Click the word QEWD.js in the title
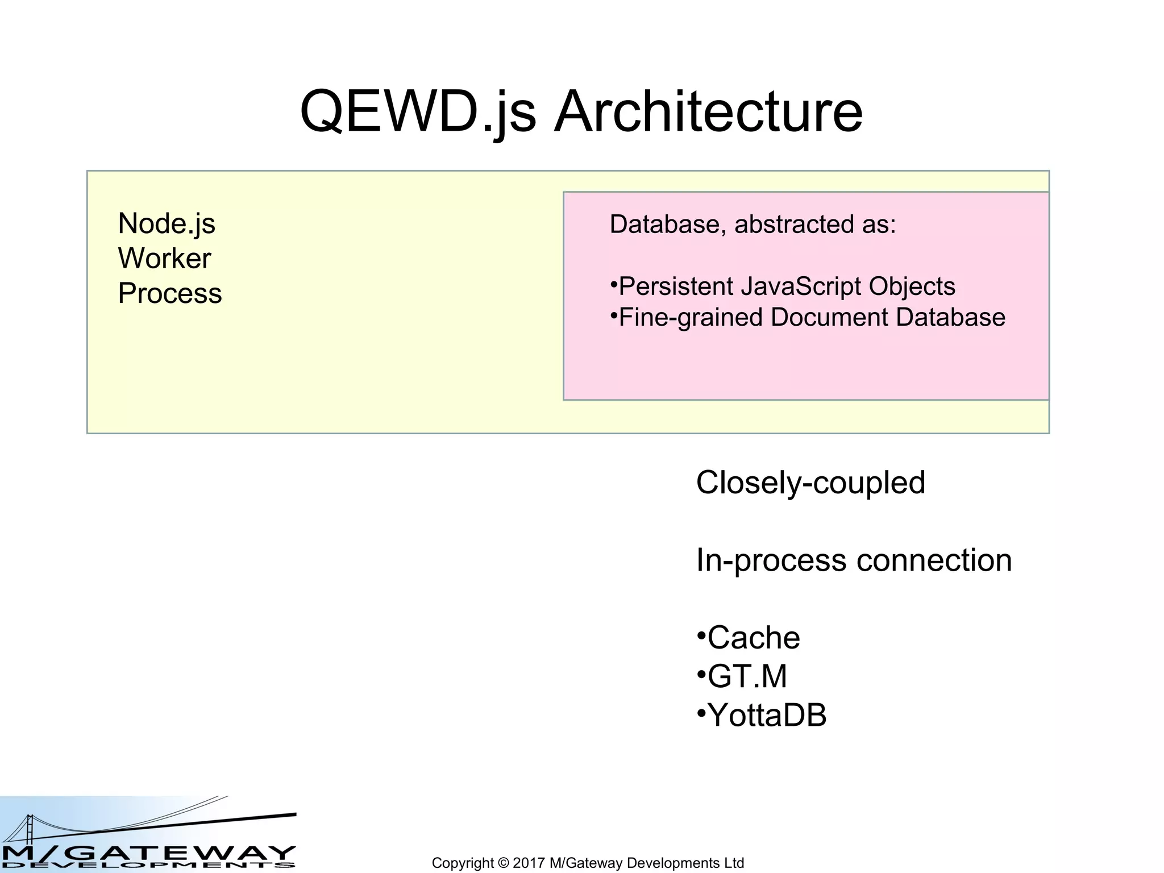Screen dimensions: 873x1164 click(418, 111)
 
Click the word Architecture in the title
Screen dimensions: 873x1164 click(708, 111)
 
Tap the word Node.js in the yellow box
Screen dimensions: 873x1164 click(167, 223)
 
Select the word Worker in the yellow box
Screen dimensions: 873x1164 click(164, 259)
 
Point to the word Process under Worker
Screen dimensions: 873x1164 click(169, 293)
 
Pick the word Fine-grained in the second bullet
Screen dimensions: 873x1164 click(689, 318)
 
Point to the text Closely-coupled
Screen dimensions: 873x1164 click(810, 483)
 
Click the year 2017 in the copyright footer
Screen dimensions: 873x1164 click(529, 863)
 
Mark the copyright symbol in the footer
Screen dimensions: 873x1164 click(503, 863)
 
